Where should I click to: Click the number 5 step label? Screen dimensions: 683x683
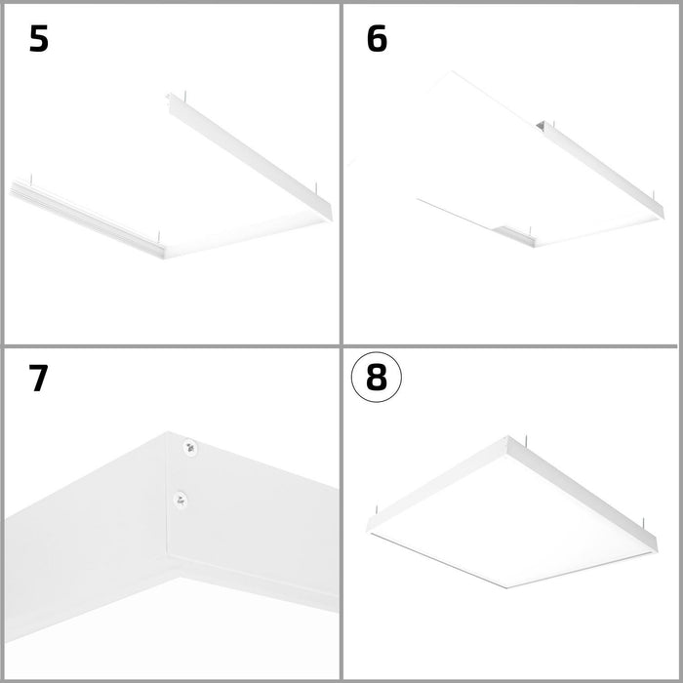point(39,39)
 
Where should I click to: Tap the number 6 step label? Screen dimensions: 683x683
point(377,39)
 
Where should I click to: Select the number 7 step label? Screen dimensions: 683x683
point(38,379)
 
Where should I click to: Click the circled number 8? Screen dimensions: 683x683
point(377,378)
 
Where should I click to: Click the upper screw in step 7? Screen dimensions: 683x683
point(189,447)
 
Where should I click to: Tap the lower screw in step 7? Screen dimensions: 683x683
point(180,500)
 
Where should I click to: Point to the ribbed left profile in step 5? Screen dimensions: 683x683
point(87,219)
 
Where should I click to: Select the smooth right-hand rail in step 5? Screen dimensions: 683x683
point(251,157)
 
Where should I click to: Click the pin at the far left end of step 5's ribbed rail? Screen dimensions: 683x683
point(31,180)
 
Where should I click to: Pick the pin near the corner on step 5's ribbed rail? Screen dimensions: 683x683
point(159,237)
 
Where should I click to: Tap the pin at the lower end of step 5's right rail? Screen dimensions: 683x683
point(316,189)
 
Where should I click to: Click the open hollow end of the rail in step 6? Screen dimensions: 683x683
point(541,126)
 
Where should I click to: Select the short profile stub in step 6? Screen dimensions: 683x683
point(514,236)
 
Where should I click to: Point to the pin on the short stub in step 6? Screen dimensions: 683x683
point(530,232)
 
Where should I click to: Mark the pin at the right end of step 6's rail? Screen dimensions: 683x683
point(654,197)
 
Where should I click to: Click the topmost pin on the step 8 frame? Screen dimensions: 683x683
point(527,440)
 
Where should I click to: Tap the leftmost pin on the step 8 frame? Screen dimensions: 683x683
point(377,511)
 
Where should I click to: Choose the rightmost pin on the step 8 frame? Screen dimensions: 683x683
point(643,523)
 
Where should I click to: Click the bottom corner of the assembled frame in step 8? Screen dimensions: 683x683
point(506,588)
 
